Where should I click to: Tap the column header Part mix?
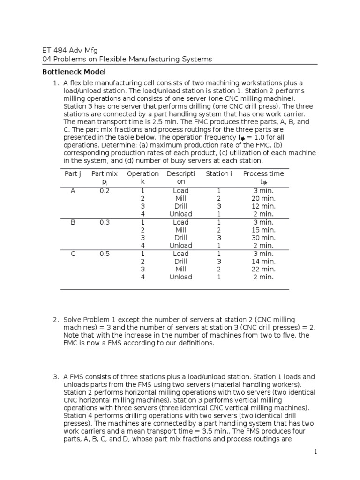click(105, 174)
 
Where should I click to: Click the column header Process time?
click(263, 174)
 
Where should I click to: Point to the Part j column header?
click(73, 174)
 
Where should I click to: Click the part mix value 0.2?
click(105, 191)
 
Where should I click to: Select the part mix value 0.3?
click(105, 222)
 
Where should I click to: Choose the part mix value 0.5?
click(105, 254)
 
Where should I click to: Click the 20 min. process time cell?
click(263, 198)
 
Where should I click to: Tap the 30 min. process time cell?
click(263, 238)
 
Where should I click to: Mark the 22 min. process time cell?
click(263, 269)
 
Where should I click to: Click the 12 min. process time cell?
click(263, 206)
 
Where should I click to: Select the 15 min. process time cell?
click(263, 230)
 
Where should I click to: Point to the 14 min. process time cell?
click(263, 261)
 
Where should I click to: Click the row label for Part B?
click(73, 222)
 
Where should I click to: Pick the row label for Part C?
click(73, 254)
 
